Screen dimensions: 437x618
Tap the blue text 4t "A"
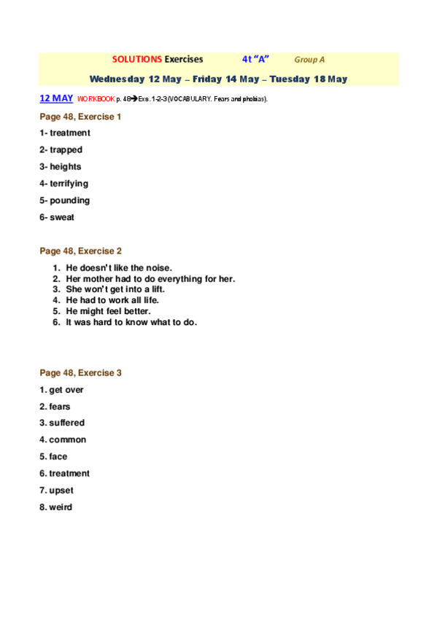pyautogui.click(x=255, y=60)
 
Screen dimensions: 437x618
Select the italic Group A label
pyautogui.click(x=309, y=60)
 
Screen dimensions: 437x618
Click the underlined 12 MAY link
pyautogui.click(x=56, y=98)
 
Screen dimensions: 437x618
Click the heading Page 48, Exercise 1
pyautogui.click(x=80, y=116)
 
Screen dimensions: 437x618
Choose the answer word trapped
pyautogui.click(x=66, y=150)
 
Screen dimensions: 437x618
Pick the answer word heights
pyautogui.click(x=66, y=167)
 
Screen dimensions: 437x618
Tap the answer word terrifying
pyautogui.click(x=69, y=184)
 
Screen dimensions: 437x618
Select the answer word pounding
pyautogui.click(x=69, y=200)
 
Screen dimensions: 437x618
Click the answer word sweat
pyautogui.click(x=62, y=217)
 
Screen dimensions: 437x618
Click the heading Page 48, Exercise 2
pyautogui.click(x=80, y=251)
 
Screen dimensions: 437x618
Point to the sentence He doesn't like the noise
pyautogui.click(x=119, y=268)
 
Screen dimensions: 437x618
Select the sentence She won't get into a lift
pyautogui.click(x=120, y=289)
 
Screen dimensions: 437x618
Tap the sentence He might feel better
pyautogui.click(x=108, y=311)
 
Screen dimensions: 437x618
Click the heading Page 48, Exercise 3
pyautogui.click(x=80, y=373)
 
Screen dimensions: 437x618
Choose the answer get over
pyautogui.click(x=66, y=390)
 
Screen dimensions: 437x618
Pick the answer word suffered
pyautogui.click(x=66, y=423)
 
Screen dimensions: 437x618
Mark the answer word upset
pyautogui.click(x=61, y=490)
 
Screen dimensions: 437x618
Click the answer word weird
pyautogui.click(x=61, y=507)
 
